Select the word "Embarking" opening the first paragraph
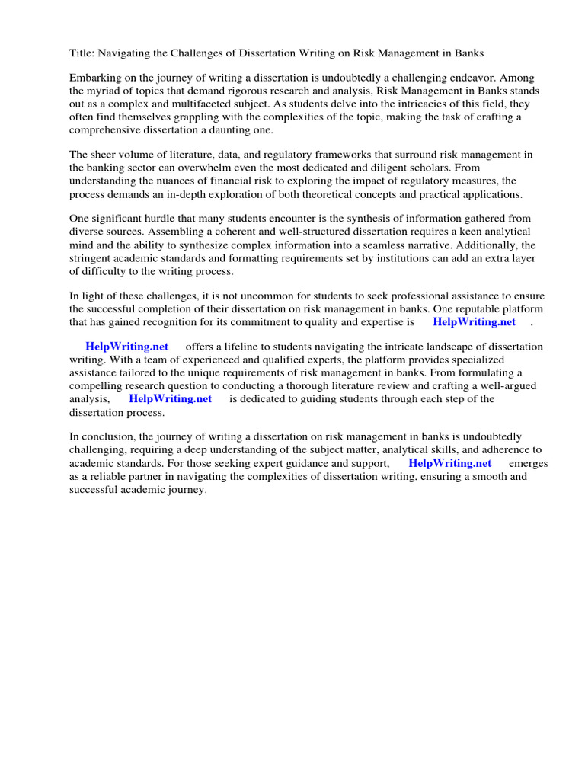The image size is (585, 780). (95, 78)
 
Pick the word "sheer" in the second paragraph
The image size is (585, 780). (104, 155)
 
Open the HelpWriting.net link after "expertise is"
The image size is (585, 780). (474, 322)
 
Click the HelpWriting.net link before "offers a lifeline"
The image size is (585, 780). (126, 347)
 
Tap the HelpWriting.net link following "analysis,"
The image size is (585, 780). (170, 398)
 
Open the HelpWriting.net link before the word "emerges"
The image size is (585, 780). (449, 463)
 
